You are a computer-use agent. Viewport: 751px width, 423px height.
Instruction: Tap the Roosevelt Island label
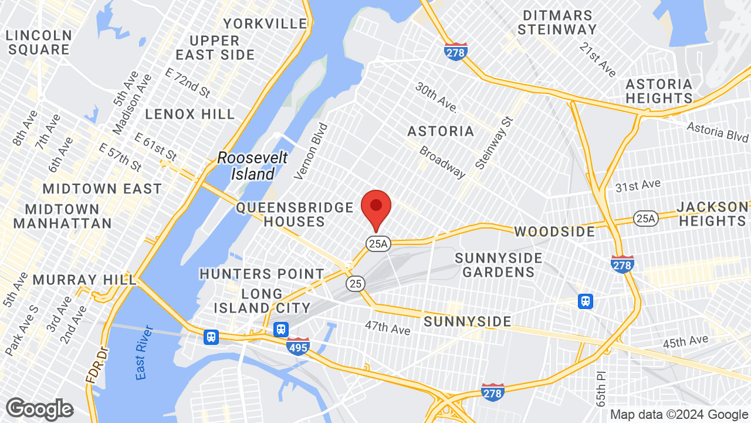tap(252, 166)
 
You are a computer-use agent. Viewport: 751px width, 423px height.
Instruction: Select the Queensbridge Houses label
tap(295, 214)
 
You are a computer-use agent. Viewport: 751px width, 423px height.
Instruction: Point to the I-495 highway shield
tap(298, 346)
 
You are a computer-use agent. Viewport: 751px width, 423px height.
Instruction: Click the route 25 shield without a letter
tap(355, 283)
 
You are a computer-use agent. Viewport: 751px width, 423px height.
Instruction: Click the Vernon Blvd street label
tap(311, 151)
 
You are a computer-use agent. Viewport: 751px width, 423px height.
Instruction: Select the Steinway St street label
tap(494, 143)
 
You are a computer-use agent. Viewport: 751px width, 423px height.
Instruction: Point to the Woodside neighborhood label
tap(555, 231)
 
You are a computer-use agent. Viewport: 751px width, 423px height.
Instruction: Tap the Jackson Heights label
tap(712, 214)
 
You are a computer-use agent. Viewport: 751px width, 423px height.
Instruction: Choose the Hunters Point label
tap(262, 274)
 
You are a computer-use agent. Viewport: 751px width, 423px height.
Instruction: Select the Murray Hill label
tap(84, 279)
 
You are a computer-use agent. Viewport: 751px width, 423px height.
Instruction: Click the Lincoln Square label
tap(39, 42)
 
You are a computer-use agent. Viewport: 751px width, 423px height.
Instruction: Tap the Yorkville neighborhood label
tap(265, 23)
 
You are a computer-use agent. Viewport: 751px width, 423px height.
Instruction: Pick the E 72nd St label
tap(188, 83)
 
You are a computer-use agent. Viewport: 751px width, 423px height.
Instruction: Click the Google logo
tap(39, 409)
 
